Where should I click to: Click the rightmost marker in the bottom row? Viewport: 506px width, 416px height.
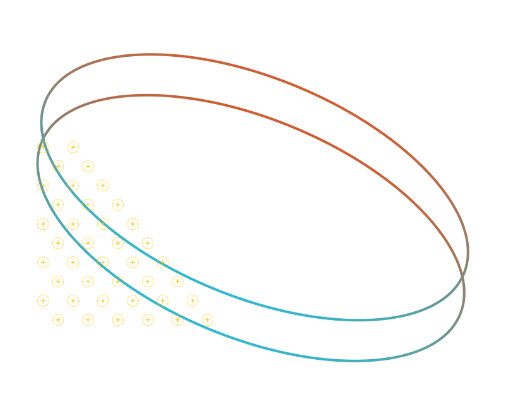(208, 320)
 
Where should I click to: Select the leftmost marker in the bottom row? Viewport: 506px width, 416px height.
(58, 320)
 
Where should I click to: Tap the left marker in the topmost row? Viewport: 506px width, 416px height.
(43, 148)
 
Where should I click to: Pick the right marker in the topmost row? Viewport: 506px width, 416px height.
(73, 148)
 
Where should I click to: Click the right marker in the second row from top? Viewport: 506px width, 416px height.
(88, 167)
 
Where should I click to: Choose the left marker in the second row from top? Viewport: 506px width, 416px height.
(58, 167)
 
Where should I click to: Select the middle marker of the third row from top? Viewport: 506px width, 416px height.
(73, 186)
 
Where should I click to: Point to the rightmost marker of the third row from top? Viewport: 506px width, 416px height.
(103, 186)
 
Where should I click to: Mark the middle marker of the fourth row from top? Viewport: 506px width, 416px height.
(88, 205)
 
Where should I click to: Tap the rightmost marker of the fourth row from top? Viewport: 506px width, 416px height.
(117, 205)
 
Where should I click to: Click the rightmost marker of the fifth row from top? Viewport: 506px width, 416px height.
(132, 224)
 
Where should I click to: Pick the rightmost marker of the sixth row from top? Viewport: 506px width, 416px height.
(148, 243)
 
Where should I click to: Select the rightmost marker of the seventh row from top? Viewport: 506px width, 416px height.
(163, 262)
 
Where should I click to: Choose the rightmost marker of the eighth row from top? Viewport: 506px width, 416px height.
(178, 282)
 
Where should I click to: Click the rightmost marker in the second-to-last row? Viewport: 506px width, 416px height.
(192, 301)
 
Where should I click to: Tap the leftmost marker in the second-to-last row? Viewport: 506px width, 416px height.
(43, 301)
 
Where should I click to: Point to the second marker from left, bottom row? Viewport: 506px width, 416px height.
(88, 320)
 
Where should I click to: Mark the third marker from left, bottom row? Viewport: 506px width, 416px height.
(118, 320)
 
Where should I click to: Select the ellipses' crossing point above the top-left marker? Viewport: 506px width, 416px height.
(42, 138)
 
